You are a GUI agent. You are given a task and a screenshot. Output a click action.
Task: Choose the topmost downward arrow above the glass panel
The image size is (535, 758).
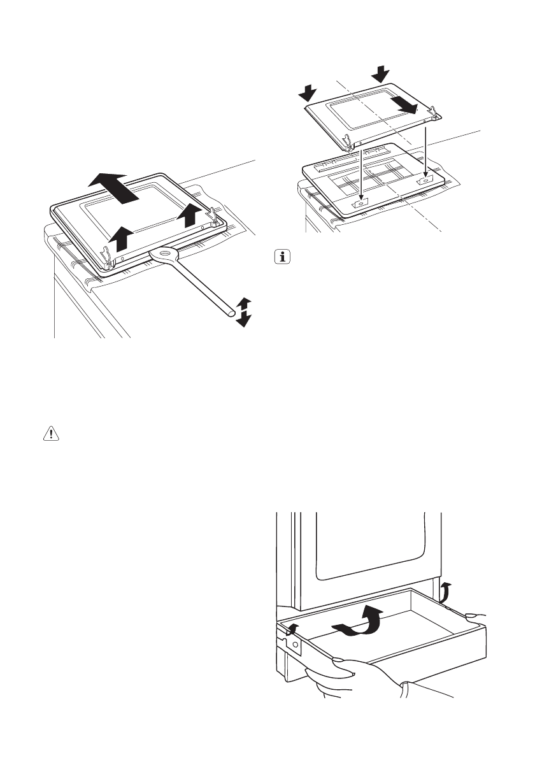coord(382,73)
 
